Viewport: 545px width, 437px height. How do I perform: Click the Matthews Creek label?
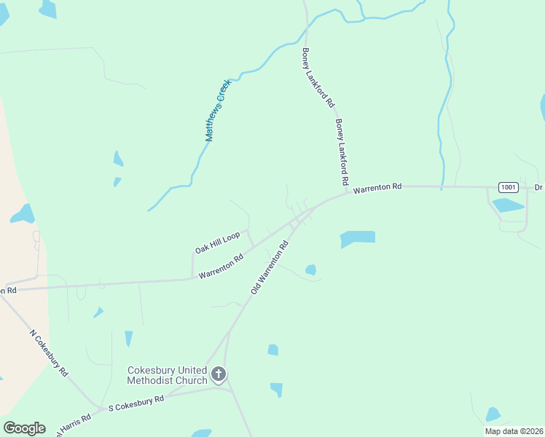click(x=217, y=109)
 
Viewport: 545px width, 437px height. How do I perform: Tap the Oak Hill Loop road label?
click(x=217, y=243)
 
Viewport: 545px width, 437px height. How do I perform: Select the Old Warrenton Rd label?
click(x=270, y=267)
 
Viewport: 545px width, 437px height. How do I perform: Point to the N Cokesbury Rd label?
click(x=50, y=353)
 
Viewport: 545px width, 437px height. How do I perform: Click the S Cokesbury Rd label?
click(x=136, y=401)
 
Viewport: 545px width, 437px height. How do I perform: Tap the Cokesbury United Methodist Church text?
click(x=167, y=375)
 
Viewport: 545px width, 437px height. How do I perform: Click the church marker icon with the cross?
click(x=218, y=376)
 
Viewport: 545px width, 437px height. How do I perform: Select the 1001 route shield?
click(x=509, y=187)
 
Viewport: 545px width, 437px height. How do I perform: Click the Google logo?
click(x=24, y=428)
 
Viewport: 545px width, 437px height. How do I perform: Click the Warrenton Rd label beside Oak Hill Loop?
click(x=221, y=266)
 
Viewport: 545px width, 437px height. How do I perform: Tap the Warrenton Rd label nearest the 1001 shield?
click(x=377, y=188)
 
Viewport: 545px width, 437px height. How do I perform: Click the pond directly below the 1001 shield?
click(x=508, y=205)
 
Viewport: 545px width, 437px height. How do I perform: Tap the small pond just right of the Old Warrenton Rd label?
click(x=311, y=269)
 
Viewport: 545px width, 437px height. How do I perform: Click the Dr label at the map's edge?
click(x=538, y=188)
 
